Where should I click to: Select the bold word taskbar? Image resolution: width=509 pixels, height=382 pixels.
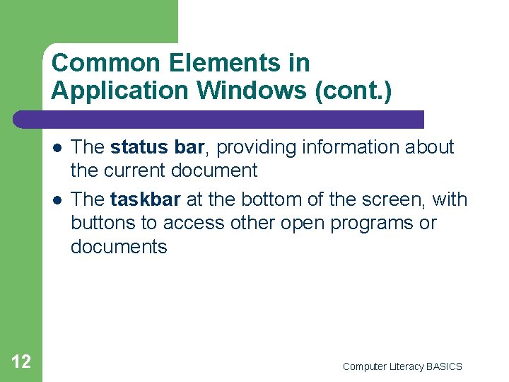(x=146, y=199)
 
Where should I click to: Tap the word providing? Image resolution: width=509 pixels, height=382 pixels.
(x=250, y=147)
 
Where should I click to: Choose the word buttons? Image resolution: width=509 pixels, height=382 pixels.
(x=101, y=223)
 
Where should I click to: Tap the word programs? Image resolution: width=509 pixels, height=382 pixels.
(x=378, y=223)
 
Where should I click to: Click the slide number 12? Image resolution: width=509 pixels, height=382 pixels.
(x=21, y=362)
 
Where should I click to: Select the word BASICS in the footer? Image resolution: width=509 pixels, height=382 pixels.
(x=445, y=366)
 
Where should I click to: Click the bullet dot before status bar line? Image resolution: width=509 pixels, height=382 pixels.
(x=55, y=148)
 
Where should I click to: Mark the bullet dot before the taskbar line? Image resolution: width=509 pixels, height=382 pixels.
(x=55, y=200)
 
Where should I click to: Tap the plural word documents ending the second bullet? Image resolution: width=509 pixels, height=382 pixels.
(x=119, y=247)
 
